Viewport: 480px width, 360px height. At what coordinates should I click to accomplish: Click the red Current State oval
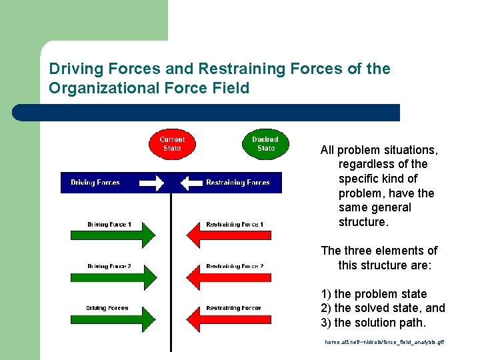click(171, 144)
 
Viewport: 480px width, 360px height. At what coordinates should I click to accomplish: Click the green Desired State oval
click(265, 144)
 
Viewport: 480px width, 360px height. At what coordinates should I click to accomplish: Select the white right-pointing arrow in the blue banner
click(152, 183)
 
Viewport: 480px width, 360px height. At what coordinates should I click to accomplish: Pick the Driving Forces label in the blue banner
click(95, 183)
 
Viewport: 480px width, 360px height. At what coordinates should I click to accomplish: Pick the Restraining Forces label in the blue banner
click(238, 183)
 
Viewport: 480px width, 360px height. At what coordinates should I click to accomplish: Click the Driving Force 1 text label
click(109, 224)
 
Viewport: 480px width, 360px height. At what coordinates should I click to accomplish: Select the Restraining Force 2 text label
click(235, 266)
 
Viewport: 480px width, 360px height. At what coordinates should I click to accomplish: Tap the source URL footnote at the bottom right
click(384, 342)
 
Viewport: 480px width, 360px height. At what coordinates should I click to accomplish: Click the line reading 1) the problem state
click(374, 294)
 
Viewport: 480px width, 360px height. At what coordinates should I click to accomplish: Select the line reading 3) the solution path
click(374, 323)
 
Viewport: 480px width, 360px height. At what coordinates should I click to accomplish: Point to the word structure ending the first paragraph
click(363, 222)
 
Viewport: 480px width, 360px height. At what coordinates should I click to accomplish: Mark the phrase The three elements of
click(379, 251)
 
